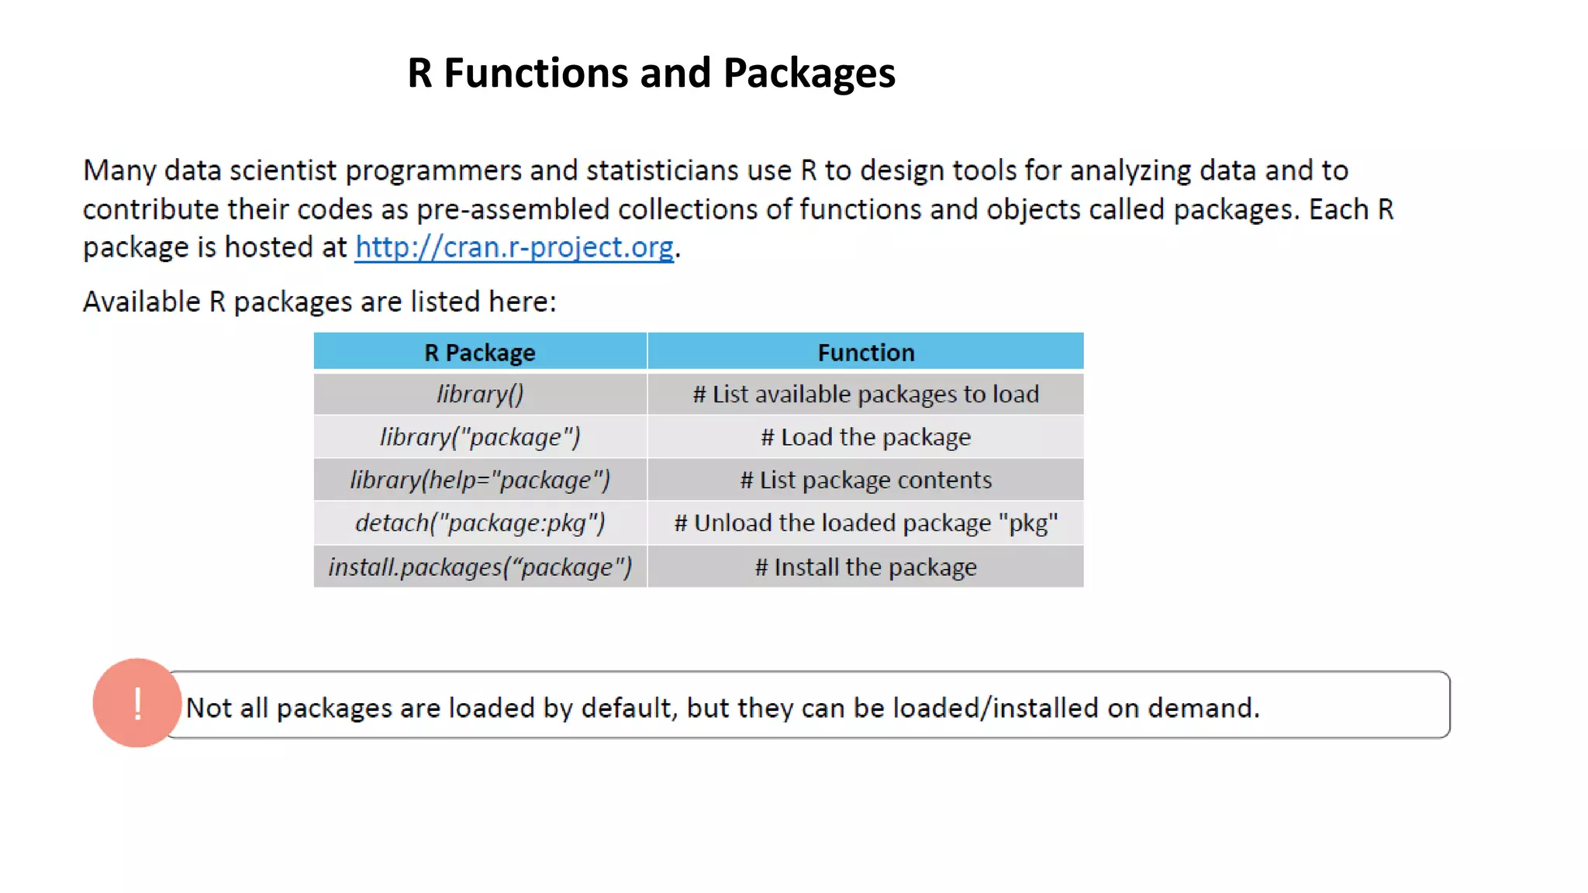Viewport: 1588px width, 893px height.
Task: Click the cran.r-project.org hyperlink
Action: click(514, 247)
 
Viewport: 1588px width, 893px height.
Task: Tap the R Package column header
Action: click(479, 353)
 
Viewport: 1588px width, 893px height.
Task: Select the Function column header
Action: click(865, 353)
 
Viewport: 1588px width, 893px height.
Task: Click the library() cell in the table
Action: click(479, 395)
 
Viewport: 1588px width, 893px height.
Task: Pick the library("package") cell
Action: click(479, 437)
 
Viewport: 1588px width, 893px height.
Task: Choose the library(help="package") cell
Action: click(479, 480)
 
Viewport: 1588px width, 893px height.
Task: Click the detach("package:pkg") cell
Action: click(479, 523)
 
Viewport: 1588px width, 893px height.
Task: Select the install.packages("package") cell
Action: click(479, 567)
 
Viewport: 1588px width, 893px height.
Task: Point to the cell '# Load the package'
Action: click(865, 437)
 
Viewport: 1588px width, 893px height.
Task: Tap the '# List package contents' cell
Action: click(865, 480)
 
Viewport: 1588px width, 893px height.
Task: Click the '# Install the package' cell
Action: click(865, 567)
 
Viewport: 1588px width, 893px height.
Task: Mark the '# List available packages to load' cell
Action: click(865, 395)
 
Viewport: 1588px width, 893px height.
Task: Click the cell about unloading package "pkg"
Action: click(865, 523)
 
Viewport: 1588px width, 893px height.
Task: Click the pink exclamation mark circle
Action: click(137, 703)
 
